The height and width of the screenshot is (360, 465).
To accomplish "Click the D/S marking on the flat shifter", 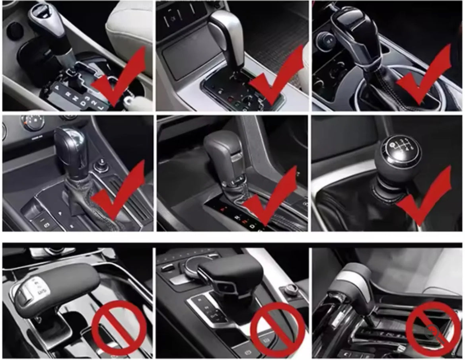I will pyautogui.click(x=41, y=293).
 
